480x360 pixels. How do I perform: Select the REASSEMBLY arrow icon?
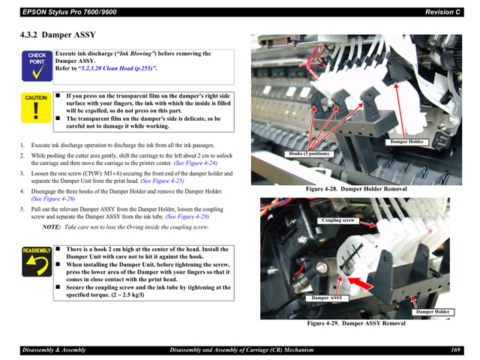[x=36, y=262]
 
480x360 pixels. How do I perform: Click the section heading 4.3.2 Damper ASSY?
[x=58, y=34]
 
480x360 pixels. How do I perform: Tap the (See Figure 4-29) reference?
[x=187, y=216]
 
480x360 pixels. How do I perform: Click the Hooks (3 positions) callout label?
[x=309, y=154]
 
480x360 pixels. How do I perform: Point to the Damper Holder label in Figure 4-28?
[x=406, y=142]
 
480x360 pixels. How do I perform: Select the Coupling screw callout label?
[x=337, y=220]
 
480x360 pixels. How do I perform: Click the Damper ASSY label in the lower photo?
[x=326, y=298]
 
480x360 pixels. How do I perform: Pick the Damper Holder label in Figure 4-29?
[x=433, y=311]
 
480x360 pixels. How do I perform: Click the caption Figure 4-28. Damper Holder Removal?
[x=355, y=189]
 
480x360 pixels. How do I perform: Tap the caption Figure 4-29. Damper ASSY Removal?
[x=355, y=324]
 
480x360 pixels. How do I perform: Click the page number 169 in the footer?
[x=455, y=349]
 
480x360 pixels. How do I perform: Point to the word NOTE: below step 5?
[x=51, y=226]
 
